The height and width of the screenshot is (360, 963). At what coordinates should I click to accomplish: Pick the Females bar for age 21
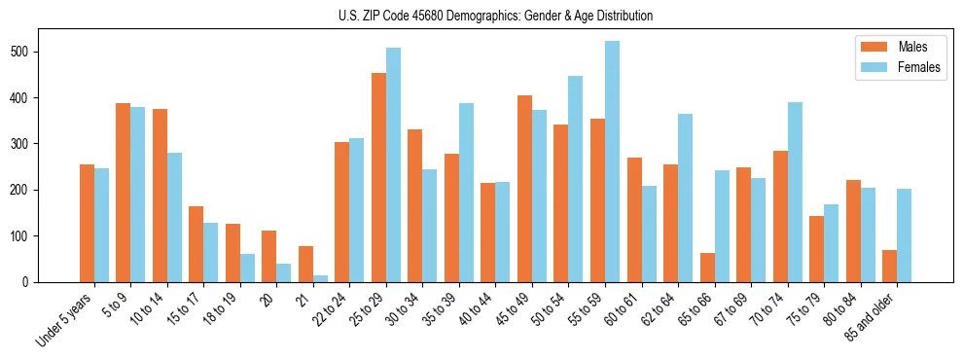320,278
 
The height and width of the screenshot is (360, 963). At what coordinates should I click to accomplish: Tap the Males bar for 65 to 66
707,268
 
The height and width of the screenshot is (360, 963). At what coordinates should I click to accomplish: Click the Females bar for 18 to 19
247,268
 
